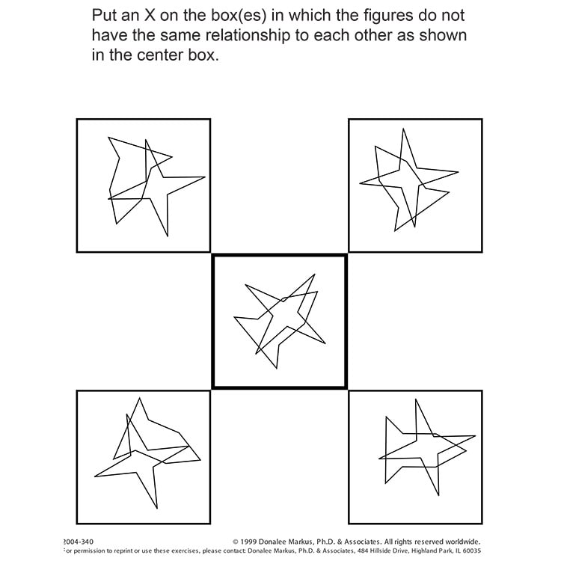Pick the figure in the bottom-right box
click(423, 447)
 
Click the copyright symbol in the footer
click(235, 542)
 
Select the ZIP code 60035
click(469, 551)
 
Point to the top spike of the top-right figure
click(404, 129)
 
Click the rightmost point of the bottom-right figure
click(476, 436)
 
